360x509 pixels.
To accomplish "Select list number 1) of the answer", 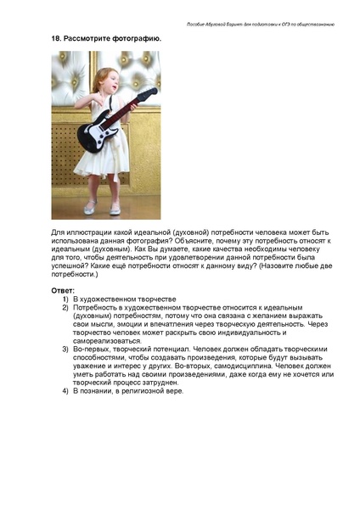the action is coord(64,299).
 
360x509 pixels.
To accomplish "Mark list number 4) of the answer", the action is coord(64,391).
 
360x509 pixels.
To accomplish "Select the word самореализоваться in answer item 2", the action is coord(104,341).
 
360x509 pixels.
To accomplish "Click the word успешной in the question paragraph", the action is coord(71,266).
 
